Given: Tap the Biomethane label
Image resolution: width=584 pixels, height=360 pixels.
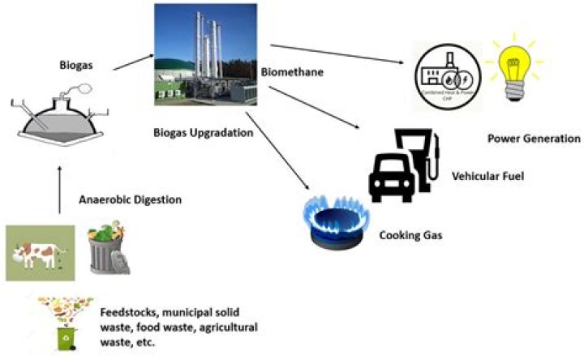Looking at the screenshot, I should click(292, 72).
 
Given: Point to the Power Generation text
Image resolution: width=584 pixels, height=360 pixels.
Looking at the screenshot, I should click(533, 139).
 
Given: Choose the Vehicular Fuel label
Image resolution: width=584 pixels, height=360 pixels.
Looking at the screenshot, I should click(486, 174).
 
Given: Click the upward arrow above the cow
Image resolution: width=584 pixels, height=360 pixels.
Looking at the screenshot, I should click(60, 190).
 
